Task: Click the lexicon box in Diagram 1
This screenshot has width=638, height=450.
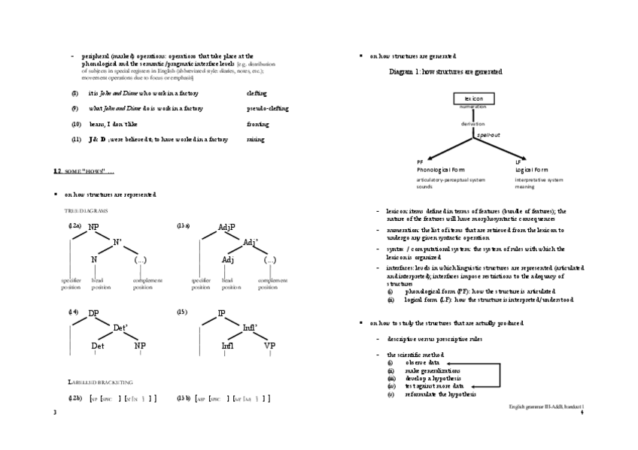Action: pyautogui.click(x=473, y=98)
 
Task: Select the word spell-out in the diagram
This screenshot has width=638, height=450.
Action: pyautogui.click(x=488, y=134)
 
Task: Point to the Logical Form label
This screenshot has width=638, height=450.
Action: pyautogui.click(x=531, y=170)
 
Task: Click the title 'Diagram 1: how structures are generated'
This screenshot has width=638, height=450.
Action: pyautogui.click(x=445, y=71)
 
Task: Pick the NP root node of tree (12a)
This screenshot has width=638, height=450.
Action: pyautogui.click(x=93, y=227)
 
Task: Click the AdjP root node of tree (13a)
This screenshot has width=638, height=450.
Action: pyautogui.click(x=226, y=227)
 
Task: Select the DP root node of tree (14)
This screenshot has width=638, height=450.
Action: pyautogui.click(x=93, y=313)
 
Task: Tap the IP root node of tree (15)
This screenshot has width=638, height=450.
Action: pyautogui.click(x=222, y=313)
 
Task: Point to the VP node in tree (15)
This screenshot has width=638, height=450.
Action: pyautogui.click(x=270, y=346)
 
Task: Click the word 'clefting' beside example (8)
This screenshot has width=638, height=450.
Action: pyautogui.click(x=257, y=93)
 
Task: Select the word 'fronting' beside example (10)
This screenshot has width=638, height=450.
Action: pyautogui.click(x=257, y=124)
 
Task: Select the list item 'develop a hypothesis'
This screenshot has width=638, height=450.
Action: pyautogui.click(x=433, y=378)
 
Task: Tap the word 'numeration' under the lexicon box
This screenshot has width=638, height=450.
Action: pyautogui.click(x=473, y=107)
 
